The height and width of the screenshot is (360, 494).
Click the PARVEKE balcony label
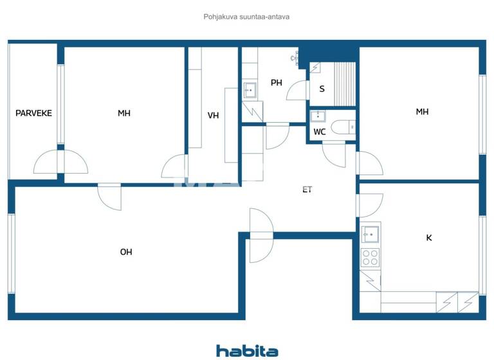[33, 113]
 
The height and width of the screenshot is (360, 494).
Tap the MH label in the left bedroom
[124, 113]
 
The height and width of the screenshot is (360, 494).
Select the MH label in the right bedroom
[422, 112]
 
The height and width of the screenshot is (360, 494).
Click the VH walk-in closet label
[214, 116]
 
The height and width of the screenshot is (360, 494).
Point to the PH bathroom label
[277, 82]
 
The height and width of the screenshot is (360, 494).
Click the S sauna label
[322, 89]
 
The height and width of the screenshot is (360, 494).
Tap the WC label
[320, 132]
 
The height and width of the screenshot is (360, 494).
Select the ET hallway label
[307, 190]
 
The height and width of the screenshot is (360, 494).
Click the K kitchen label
[429, 238]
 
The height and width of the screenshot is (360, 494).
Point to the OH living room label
[126, 252]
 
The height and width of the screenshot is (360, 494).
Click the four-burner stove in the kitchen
[370, 257]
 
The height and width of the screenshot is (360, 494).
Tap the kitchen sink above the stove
[370, 233]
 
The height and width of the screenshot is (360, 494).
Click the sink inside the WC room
[318, 116]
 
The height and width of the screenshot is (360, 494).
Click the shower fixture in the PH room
[297, 58]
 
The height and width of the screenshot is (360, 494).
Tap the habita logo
[247, 350]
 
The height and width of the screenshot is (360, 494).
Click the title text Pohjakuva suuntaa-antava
[246, 17]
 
